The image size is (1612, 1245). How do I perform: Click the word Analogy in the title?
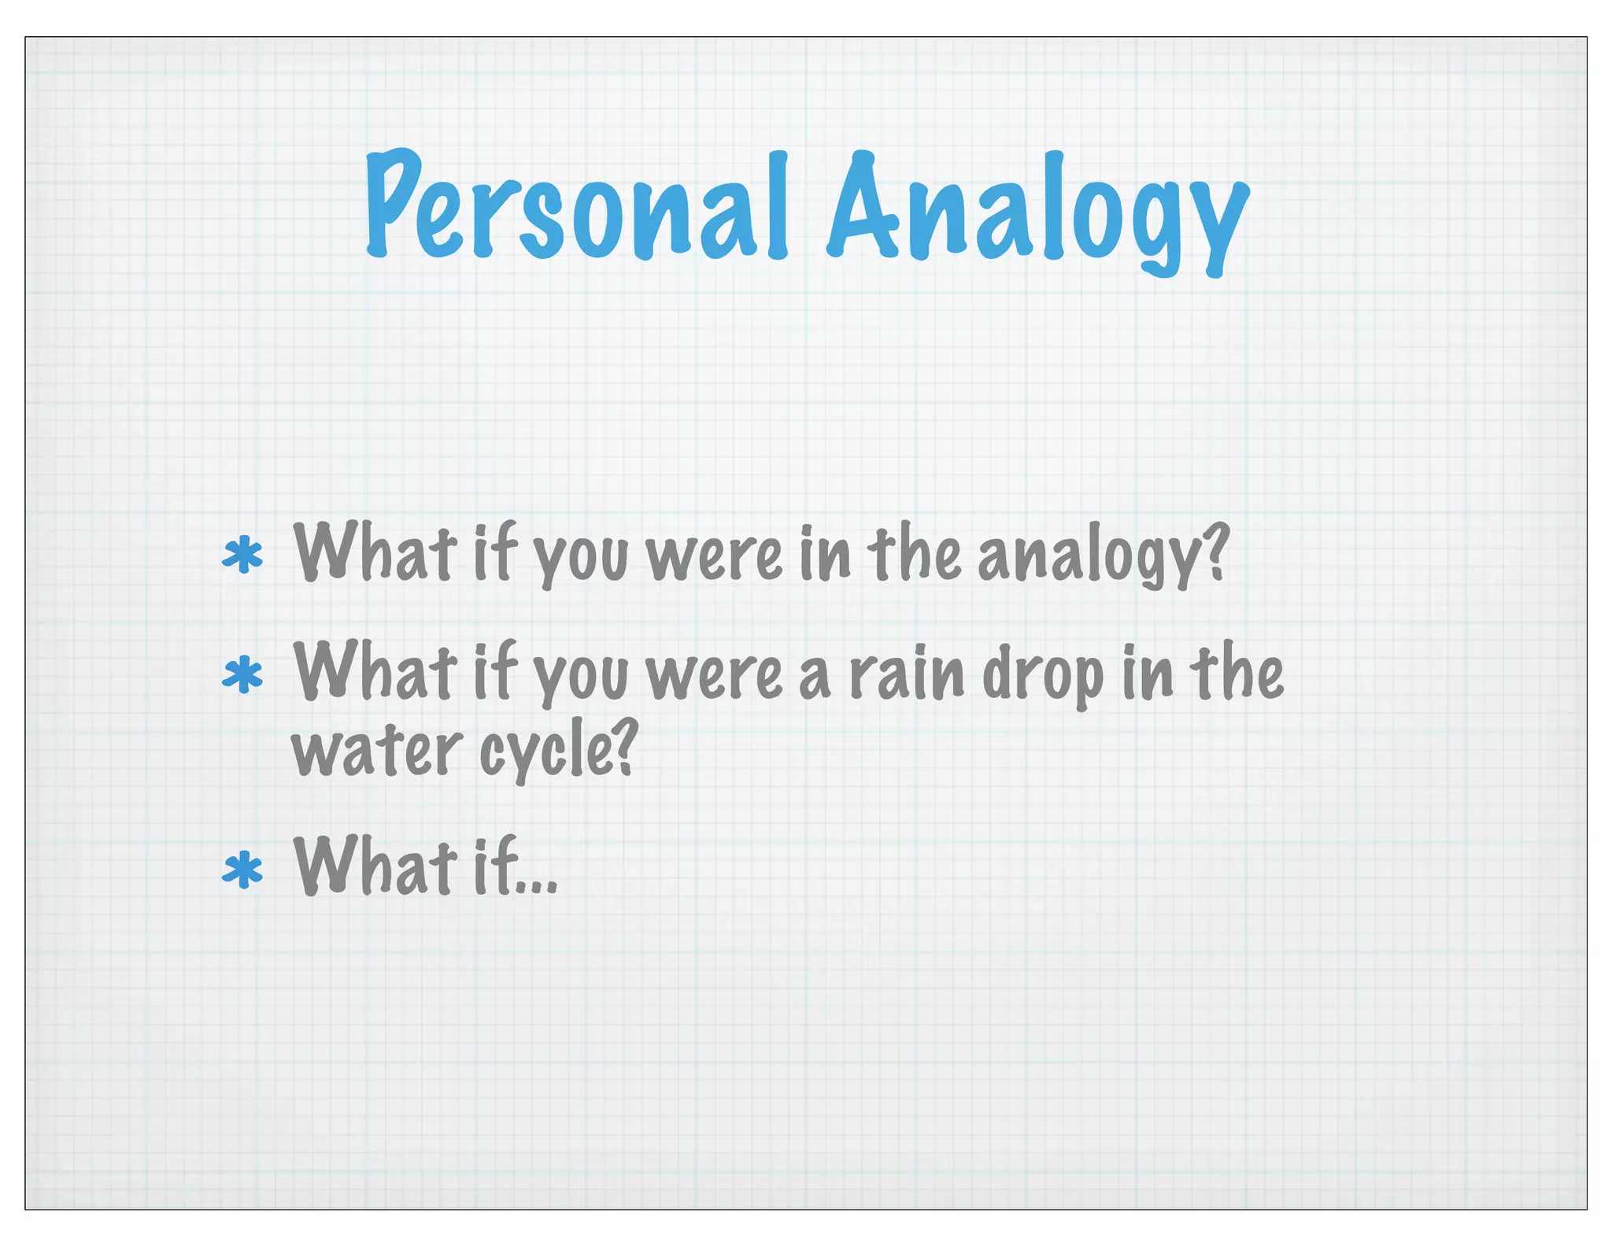point(1037,211)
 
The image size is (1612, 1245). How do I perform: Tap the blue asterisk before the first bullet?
point(242,556)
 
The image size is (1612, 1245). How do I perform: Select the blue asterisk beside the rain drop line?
point(242,675)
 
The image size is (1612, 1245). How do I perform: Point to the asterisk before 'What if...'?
point(242,870)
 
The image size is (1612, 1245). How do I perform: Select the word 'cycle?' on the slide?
point(556,752)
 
